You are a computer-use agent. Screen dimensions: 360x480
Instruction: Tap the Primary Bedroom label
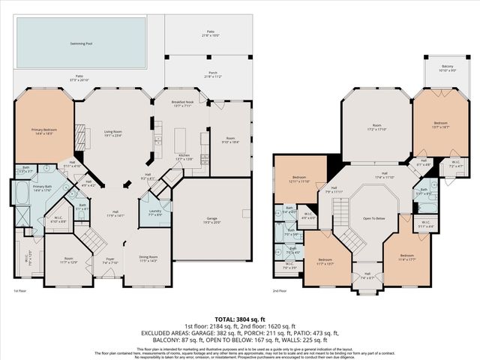[43, 132]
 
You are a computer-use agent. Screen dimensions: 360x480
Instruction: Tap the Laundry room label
[156, 213]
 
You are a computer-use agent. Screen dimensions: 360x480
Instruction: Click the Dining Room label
[148, 259]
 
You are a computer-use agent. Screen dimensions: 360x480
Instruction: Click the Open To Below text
[373, 219]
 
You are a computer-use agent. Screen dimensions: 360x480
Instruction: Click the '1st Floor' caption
[20, 289]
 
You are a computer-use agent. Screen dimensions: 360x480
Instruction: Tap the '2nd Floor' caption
[279, 289]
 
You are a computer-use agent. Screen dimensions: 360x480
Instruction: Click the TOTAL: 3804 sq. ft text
[239, 319]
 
